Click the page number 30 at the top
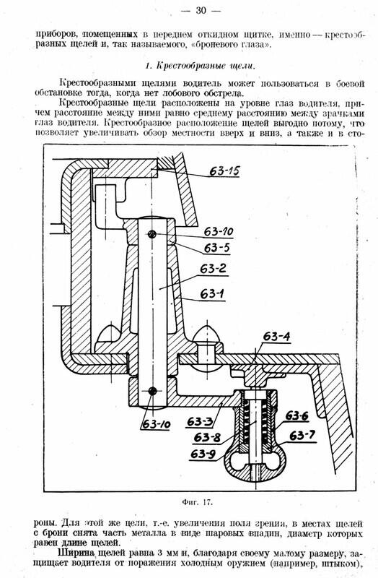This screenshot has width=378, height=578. [201, 10]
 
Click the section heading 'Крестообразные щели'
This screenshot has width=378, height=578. [206, 66]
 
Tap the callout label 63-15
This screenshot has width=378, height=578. [224, 171]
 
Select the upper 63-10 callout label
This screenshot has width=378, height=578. [219, 232]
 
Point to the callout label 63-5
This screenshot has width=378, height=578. [217, 248]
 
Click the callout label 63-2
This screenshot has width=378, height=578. [213, 269]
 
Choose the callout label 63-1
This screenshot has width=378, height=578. [212, 294]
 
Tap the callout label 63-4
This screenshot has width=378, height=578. [276, 337]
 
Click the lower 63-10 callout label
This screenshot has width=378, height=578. [157, 425]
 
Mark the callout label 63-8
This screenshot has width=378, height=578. [207, 438]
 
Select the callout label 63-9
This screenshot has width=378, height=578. [203, 454]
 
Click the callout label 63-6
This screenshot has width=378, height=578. [297, 416]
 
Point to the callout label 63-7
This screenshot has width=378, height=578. [302, 436]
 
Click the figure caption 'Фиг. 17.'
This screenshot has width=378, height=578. [197, 502]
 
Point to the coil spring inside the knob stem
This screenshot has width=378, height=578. [255, 424]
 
